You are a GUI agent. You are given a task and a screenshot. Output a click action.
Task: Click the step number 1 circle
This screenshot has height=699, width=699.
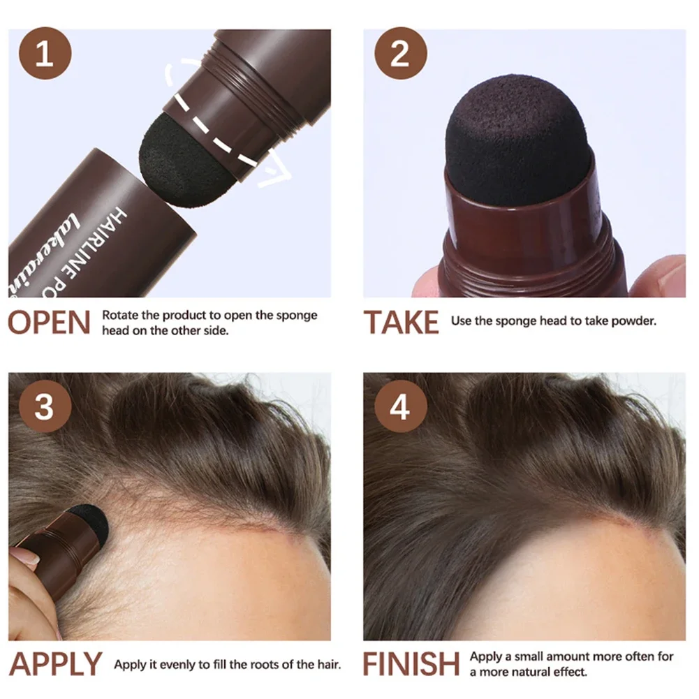pyautogui.click(x=45, y=54)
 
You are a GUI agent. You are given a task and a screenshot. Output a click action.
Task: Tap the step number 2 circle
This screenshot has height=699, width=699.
pyautogui.click(x=400, y=54)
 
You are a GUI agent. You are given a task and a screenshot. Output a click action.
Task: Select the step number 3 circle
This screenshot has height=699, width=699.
pyautogui.click(x=45, y=406)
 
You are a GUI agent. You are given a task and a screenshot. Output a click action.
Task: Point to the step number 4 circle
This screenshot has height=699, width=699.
pyautogui.click(x=400, y=406)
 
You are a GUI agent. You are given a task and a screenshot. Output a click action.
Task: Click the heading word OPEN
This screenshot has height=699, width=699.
pyautogui.click(x=50, y=323)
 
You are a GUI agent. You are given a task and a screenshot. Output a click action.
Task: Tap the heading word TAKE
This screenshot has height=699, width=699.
pyautogui.click(x=402, y=323)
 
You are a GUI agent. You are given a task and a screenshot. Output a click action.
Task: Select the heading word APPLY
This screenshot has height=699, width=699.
pyautogui.click(x=55, y=664)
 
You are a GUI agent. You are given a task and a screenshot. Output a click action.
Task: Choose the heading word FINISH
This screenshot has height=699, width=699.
pyautogui.click(x=411, y=664)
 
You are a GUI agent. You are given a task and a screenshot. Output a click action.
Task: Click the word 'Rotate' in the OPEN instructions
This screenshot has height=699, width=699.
pyautogui.click(x=120, y=315)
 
